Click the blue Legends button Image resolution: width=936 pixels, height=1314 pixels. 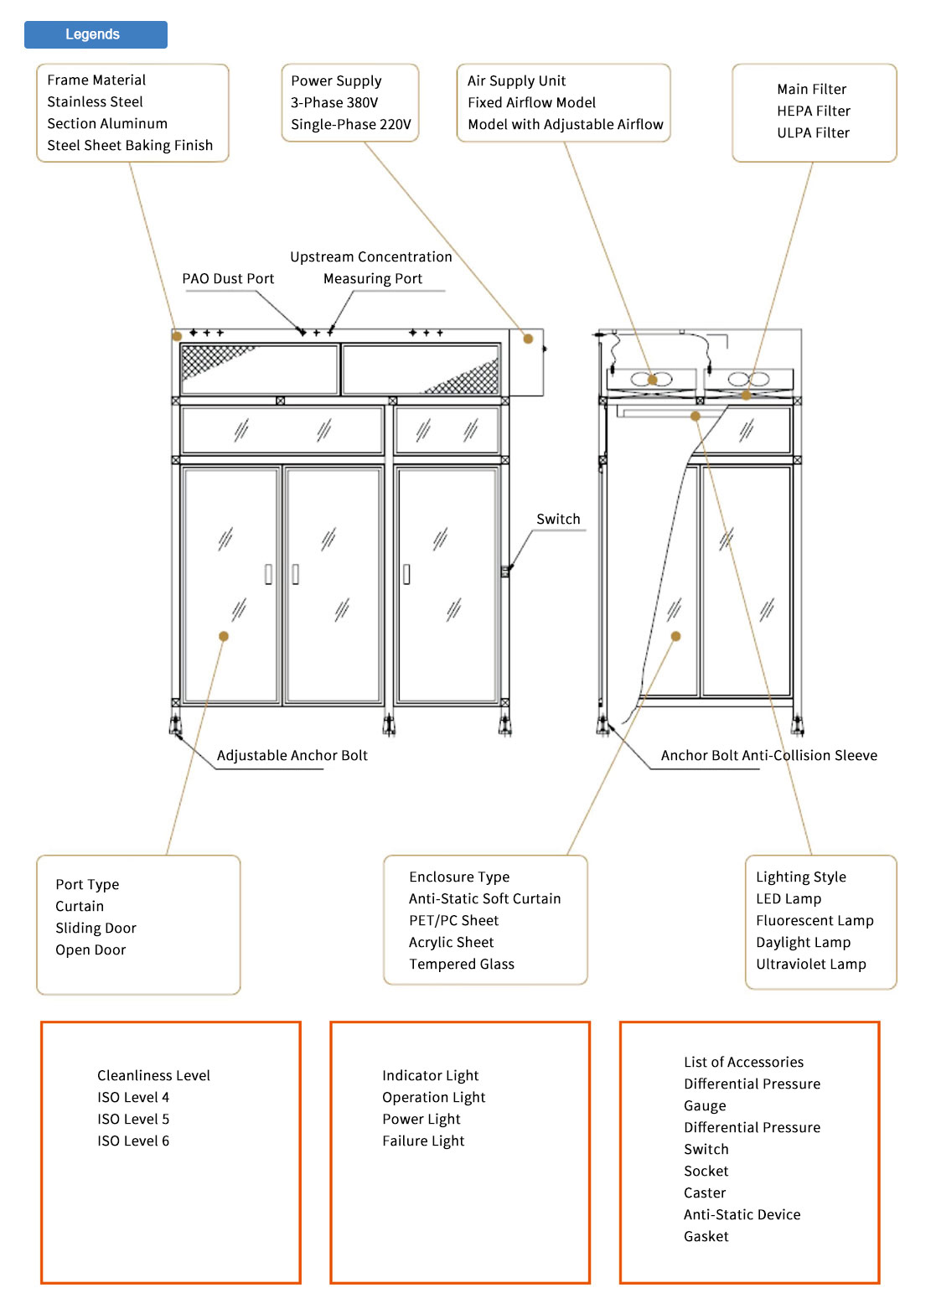point(96,34)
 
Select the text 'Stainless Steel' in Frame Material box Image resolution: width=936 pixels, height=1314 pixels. point(95,101)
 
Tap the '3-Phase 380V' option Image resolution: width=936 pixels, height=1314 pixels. point(334,102)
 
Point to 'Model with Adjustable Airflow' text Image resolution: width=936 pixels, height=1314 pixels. point(565,124)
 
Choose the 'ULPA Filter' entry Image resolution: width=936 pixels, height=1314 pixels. point(813,132)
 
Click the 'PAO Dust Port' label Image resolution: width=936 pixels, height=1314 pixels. point(228,278)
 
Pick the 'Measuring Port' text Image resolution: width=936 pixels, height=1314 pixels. point(373,278)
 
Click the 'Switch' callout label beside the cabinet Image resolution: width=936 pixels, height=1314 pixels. point(558,519)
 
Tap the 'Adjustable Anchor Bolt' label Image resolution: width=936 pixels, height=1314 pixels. point(292,755)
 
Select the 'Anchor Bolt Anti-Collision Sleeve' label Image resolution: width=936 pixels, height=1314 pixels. point(768,755)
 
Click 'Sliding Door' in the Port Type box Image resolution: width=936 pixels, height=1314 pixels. point(96,928)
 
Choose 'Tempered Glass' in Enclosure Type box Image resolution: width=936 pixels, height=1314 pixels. point(462,964)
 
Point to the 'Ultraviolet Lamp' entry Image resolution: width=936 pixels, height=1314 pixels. point(810,964)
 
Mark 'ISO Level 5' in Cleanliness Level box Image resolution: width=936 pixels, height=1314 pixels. point(133,1119)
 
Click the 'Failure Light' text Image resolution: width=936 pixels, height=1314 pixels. point(423,1141)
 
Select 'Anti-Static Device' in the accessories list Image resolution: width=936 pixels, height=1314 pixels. point(742,1214)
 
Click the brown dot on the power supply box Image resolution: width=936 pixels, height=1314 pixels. point(528,339)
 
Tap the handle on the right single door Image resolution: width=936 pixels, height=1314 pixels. point(406,574)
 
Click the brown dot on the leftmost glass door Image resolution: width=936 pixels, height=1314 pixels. point(224,636)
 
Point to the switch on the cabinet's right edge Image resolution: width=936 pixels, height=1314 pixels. point(505,572)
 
